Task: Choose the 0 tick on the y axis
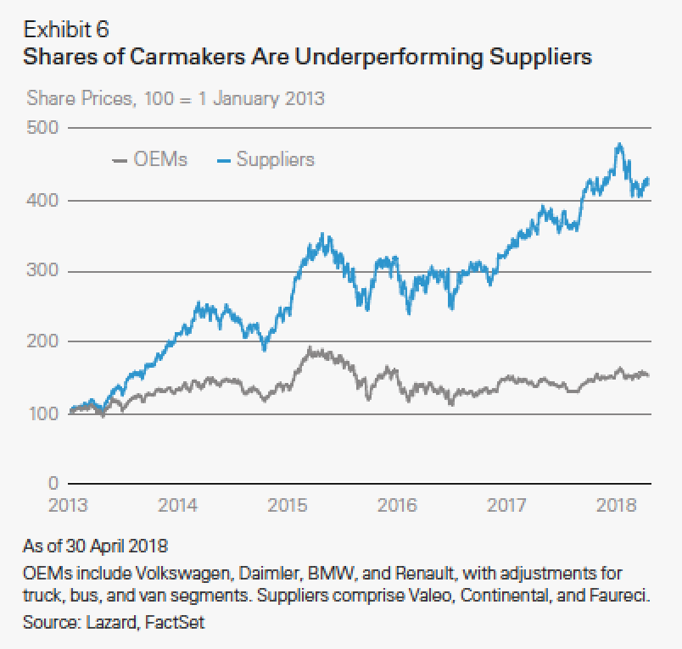(x=52, y=484)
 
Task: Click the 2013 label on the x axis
(x=70, y=506)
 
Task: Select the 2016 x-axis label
(x=397, y=506)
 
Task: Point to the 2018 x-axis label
(x=615, y=506)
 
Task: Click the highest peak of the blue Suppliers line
(x=619, y=144)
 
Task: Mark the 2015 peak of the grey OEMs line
(x=310, y=347)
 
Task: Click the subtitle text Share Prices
(x=80, y=98)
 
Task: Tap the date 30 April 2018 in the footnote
(x=132, y=543)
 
